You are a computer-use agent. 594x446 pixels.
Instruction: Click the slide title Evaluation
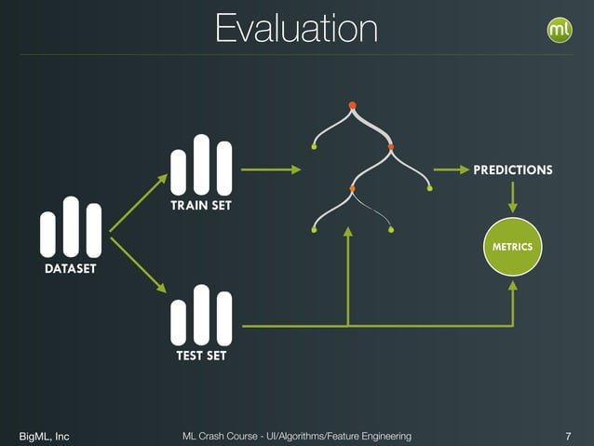coord(296,28)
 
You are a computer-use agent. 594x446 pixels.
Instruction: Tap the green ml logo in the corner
coord(560,30)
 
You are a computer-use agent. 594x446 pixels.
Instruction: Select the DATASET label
coord(71,268)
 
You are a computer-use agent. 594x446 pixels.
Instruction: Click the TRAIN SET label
coord(200,205)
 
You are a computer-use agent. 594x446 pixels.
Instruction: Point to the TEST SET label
coord(201,356)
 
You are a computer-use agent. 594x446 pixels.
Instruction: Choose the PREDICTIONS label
coord(512,170)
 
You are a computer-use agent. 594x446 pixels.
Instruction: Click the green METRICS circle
coord(512,247)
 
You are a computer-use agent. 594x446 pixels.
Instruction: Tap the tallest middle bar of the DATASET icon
coord(71,226)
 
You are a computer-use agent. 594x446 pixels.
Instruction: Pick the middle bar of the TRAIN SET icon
coord(201,165)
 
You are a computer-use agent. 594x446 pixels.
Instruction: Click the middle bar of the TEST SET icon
coord(201,315)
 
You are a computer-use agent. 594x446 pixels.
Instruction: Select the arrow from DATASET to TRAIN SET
coord(138,202)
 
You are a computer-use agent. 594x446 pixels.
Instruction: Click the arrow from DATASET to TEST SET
coord(138,265)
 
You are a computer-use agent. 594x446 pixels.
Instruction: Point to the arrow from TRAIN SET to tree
coord(271,169)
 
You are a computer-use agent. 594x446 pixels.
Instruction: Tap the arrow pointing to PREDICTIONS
coord(451,169)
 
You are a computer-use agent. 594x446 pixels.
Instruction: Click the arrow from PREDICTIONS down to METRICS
coord(512,196)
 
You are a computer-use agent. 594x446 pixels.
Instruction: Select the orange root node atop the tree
coord(352,104)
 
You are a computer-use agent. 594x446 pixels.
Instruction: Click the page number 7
coord(568,436)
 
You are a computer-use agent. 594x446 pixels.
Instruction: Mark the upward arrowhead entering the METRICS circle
coord(512,286)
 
